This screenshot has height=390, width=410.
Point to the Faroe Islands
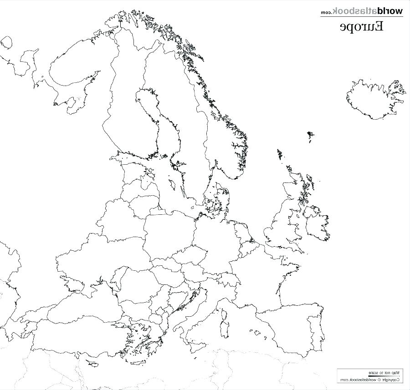[x=311, y=136]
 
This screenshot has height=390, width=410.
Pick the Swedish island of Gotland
[x=173, y=185]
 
